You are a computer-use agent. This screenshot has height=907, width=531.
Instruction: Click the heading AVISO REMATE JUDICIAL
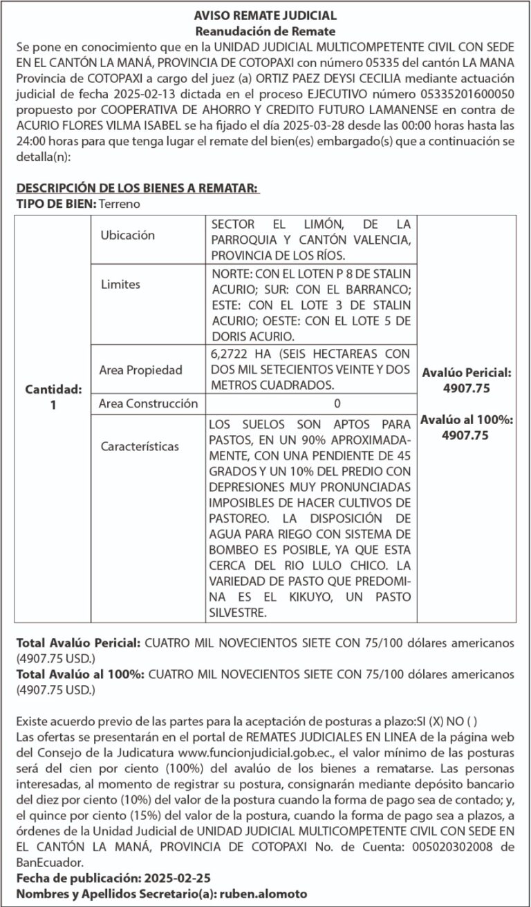265,15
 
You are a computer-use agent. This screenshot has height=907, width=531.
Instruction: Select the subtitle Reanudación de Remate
265,31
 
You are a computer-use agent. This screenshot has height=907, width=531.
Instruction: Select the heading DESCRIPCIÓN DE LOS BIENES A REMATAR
138,189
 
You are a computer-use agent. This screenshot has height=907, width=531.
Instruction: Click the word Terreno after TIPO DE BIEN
120,204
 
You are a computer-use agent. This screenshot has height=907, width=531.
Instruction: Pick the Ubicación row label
128,236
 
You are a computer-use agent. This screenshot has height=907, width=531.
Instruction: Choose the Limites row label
120,284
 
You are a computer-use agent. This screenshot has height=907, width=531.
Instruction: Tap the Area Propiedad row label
141,370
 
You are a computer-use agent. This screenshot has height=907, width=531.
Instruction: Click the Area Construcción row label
149,403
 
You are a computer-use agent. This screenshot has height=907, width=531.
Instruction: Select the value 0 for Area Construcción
317,403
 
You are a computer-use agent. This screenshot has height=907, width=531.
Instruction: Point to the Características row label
140,446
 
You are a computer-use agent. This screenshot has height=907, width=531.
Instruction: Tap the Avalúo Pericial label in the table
466,372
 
